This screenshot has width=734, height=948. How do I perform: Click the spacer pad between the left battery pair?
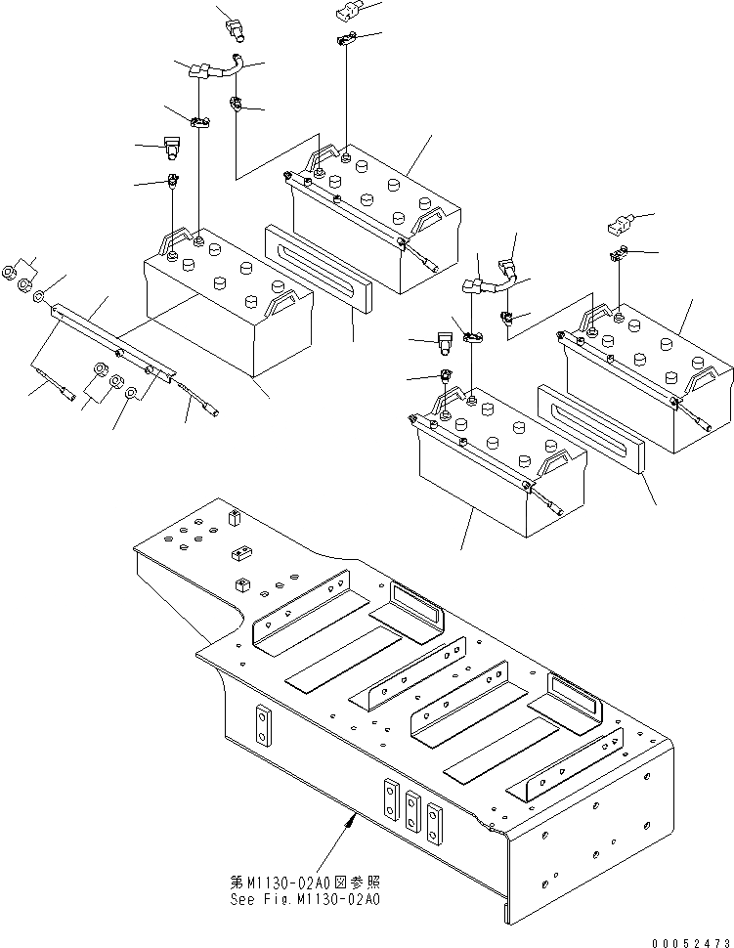pyautogui.click(x=319, y=267)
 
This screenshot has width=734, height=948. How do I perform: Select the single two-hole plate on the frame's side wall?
pyautogui.click(x=262, y=726)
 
